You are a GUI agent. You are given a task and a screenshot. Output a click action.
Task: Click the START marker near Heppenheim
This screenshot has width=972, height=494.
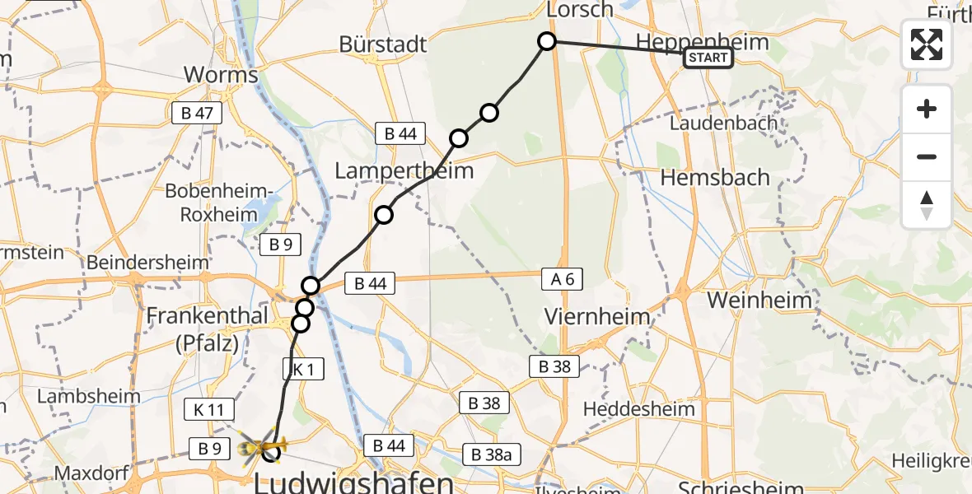708,58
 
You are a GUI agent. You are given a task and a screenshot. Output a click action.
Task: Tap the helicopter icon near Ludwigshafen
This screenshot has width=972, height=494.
257,448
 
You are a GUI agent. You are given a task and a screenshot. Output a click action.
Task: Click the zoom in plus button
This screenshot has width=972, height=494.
927,110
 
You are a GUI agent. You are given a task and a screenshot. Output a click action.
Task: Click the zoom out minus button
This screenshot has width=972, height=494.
927,157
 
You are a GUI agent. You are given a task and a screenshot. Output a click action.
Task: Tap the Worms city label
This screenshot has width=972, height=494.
220,75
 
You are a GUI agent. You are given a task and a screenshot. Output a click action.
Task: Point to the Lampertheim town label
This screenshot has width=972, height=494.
404,171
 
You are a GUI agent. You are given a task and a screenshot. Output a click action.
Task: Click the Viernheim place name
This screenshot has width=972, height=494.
597,317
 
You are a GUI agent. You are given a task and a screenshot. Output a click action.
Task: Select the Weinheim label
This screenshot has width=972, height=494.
759,301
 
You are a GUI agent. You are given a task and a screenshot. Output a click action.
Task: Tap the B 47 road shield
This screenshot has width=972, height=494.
197,114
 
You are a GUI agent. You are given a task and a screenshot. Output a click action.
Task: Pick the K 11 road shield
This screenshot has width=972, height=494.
210,409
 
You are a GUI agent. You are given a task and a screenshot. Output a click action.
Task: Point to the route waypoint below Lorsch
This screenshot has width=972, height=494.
547,41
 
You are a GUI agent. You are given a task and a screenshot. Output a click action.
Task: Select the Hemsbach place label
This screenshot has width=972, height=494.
715,177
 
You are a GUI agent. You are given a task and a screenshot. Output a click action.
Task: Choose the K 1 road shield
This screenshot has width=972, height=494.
303,369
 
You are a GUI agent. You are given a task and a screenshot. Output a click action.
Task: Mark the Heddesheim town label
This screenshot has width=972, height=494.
638,408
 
